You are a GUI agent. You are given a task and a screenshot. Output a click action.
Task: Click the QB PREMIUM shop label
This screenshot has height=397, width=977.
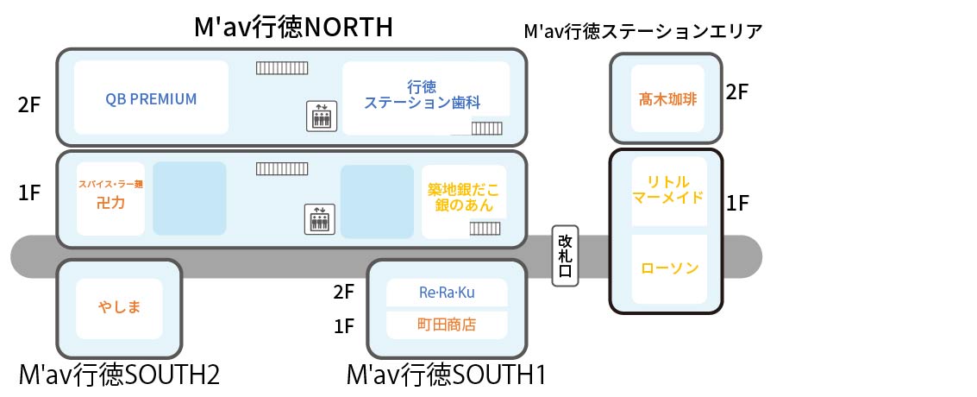[151, 98]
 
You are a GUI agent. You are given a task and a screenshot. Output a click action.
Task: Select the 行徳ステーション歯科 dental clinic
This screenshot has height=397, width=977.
[423, 95]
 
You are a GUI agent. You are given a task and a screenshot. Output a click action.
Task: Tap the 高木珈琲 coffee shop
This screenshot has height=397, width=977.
[667, 98]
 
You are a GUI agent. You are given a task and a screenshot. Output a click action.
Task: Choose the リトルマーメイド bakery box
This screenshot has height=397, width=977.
[667, 189]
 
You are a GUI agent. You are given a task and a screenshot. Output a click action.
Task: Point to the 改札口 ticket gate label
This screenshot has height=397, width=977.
[566, 255]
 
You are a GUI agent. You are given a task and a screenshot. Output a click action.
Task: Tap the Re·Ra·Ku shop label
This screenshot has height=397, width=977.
[447, 293]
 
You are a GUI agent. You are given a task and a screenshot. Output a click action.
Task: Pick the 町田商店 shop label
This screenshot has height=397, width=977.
[447, 325]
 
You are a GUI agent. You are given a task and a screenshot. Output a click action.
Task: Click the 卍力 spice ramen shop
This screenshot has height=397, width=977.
[110, 198]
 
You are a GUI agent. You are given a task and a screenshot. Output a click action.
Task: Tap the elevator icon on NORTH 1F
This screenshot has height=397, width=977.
[321, 219]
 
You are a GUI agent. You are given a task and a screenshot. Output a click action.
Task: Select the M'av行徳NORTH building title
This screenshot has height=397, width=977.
[293, 27]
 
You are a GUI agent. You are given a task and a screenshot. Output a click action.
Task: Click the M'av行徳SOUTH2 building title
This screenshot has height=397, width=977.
[119, 375]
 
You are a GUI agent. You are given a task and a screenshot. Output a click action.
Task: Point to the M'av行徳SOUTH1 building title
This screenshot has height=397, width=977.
[446, 375]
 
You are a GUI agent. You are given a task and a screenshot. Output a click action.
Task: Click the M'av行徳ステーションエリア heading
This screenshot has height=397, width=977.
[643, 32]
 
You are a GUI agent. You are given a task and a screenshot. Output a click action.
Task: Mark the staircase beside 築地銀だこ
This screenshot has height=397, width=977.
[486, 228]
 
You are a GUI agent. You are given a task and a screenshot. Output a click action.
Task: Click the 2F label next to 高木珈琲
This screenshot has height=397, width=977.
[736, 92]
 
